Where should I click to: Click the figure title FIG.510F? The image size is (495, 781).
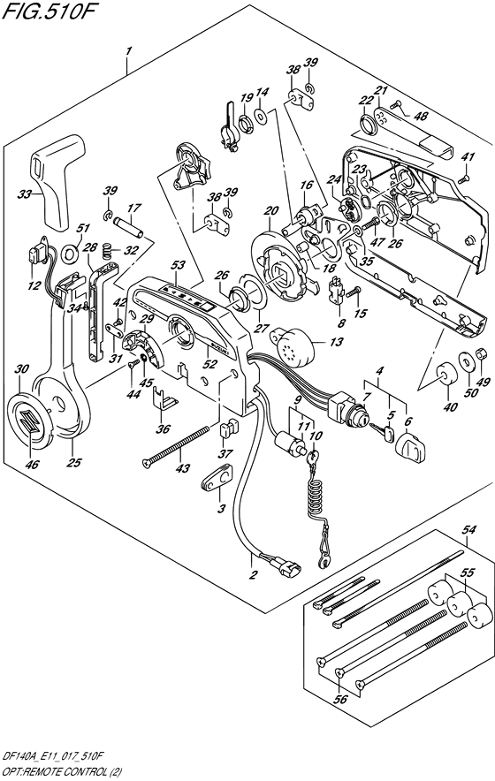pyautogui.click(x=48, y=11)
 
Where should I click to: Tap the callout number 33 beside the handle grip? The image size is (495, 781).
pyautogui.click(x=24, y=194)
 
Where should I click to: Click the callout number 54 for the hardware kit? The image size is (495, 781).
pyautogui.click(x=468, y=529)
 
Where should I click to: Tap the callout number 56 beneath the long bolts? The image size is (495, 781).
pyautogui.click(x=341, y=700)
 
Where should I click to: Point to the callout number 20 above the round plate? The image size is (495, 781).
pyautogui.click(x=271, y=211)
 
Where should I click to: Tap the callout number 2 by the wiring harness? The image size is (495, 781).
pyautogui.click(x=253, y=575)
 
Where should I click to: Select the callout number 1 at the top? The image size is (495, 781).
pyautogui.click(x=128, y=51)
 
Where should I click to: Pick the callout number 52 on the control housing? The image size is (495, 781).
pyautogui.click(x=209, y=364)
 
